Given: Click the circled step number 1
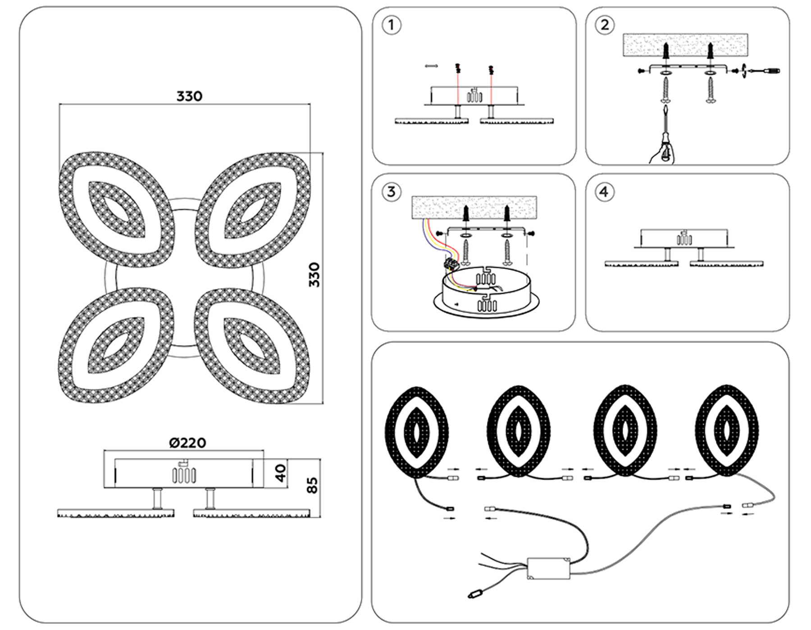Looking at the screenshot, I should (391, 25).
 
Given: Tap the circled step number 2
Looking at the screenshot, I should (605, 25).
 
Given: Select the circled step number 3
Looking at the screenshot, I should (391, 192).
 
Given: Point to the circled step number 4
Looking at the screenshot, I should (604, 192).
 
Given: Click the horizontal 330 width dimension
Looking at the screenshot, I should (189, 96).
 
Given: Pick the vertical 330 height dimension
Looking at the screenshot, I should (314, 274).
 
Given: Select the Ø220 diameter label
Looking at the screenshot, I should (187, 443).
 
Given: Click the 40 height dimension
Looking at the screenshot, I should (280, 473).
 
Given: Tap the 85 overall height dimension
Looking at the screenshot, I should (312, 485).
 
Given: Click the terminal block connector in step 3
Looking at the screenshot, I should (451, 264).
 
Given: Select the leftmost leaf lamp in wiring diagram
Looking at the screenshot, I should (417, 432).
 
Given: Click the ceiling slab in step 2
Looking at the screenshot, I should (685, 45).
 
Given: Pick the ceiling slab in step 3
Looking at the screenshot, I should (474, 207).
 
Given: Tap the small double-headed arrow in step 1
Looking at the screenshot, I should (431, 66).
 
